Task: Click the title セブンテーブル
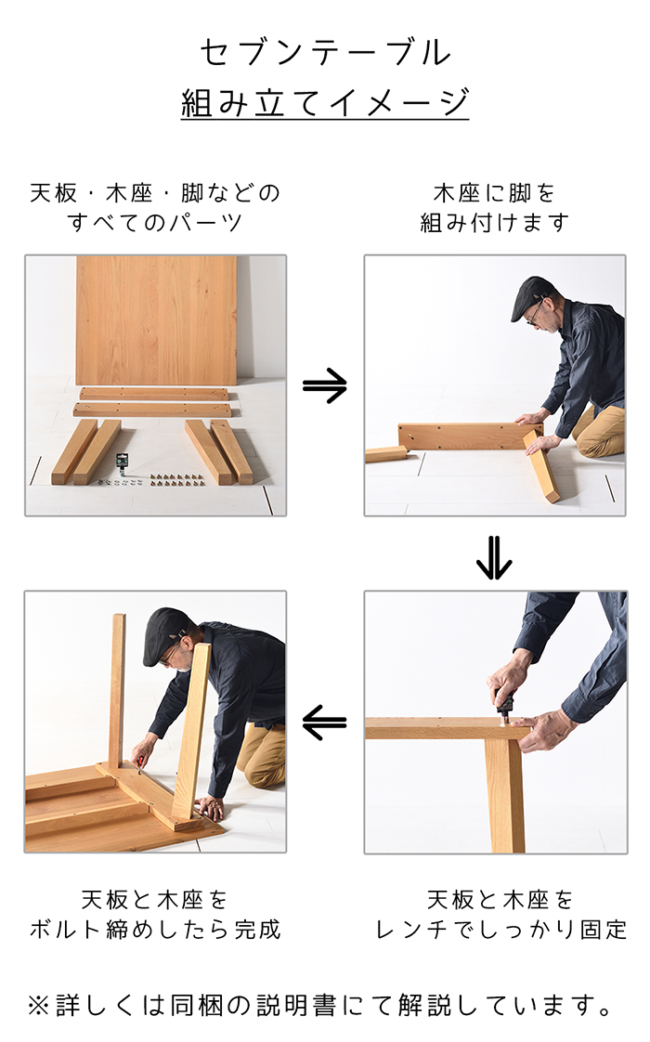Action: [325, 53]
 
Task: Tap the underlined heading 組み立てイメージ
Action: [325, 103]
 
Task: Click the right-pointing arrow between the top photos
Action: [325, 385]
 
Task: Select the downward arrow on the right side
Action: [494, 557]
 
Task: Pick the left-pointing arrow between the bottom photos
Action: [324, 723]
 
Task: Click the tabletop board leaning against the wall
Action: [156, 319]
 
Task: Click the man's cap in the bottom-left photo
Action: [166, 633]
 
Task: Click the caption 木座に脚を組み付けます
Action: [495, 207]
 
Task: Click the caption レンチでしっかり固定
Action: [501, 929]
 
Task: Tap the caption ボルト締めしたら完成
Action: [155, 929]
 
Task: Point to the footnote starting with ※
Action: [320, 1006]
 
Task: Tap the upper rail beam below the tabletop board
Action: [154, 394]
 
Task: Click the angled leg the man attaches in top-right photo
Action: [541, 465]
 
